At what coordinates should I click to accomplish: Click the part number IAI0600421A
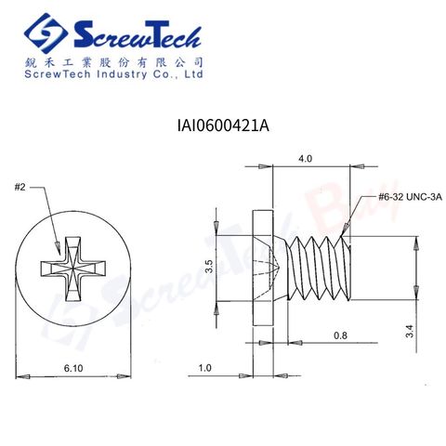(223, 126)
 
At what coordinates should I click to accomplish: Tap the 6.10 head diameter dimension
(73, 368)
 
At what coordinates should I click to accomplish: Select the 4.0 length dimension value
(305, 159)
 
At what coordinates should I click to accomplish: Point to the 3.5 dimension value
(210, 267)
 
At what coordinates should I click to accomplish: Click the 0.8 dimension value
(340, 335)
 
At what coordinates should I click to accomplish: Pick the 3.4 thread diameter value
(410, 331)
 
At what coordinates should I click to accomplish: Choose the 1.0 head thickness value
(204, 368)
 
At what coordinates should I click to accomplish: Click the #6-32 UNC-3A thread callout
(410, 197)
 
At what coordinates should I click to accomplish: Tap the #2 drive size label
(20, 187)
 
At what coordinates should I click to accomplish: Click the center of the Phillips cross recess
(73, 269)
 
